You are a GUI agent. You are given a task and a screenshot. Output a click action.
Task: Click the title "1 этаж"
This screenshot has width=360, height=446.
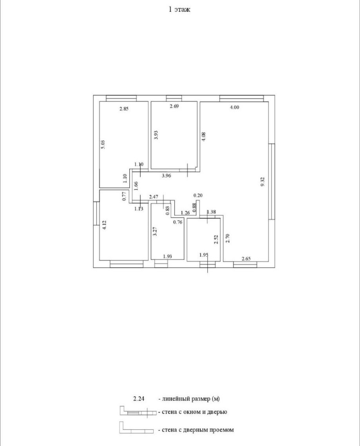click(x=179, y=10)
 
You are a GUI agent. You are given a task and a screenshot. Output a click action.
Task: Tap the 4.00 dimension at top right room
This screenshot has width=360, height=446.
click(x=234, y=107)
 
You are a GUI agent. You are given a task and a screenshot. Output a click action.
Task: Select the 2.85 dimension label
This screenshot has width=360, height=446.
click(x=124, y=109)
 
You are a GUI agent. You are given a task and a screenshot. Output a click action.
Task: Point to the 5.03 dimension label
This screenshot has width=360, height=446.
click(x=103, y=144)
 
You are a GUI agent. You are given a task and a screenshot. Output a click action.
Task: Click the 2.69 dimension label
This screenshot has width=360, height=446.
click(x=174, y=107)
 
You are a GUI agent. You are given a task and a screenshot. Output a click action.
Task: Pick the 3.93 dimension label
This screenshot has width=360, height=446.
click(x=156, y=135)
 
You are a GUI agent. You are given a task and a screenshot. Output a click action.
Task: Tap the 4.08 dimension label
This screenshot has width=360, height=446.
click(x=203, y=137)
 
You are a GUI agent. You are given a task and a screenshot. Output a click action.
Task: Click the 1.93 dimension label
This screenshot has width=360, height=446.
click(x=167, y=256)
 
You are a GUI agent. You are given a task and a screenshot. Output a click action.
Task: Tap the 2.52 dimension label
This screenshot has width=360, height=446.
click(x=215, y=239)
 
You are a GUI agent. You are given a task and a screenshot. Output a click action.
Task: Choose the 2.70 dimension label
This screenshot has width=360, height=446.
click(x=227, y=238)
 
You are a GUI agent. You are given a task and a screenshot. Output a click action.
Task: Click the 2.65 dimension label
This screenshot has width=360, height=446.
click(x=246, y=258)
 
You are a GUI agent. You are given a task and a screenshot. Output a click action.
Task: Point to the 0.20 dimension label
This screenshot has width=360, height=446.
click(x=198, y=195)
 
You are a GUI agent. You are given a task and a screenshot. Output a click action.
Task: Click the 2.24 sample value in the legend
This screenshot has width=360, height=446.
click(x=139, y=399)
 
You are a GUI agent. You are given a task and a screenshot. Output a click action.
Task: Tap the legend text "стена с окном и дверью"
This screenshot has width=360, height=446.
click(x=193, y=412)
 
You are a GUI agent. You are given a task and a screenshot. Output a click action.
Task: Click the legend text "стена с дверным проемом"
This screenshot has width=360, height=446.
click(x=196, y=430)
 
